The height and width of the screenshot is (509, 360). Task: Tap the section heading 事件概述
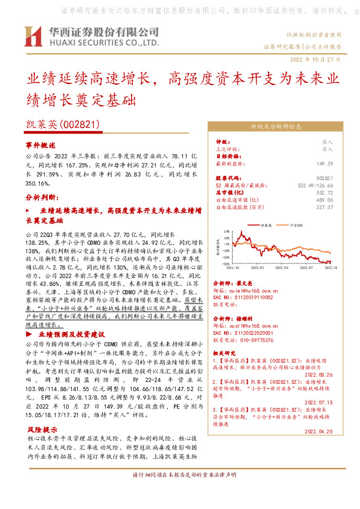(40, 146)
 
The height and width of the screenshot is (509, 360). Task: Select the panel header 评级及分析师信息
(276, 127)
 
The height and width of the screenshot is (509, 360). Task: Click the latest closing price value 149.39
(325, 163)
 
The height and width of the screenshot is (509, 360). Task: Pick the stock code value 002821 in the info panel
(325, 178)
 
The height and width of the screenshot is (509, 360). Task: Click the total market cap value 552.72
(325, 192)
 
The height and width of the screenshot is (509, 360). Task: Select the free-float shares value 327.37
(325, 207)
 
